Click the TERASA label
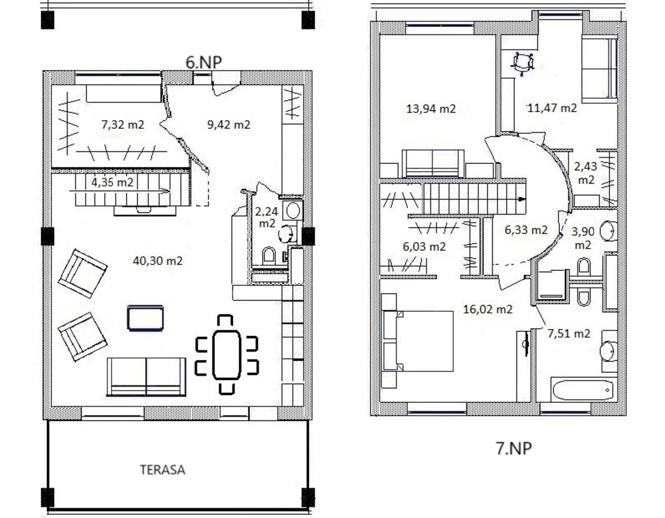[162, 470]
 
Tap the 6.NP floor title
[203, 62]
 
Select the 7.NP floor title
[514, 448]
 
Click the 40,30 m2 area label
[158, 260]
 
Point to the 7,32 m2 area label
[123, 124]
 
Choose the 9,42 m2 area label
[229, 124]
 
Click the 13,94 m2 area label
[431, 109]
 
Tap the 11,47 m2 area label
[552, 108]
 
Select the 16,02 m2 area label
[488, 309]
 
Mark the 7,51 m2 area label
[569, 333]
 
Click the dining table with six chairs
[227, 354]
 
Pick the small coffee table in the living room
[145, 318]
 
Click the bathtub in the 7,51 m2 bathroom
[583, 390]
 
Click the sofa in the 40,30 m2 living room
[146, 376]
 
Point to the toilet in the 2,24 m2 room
[268, 256]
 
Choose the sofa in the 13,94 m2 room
[433, 163]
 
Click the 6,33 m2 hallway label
[526, 230]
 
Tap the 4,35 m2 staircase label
[112, 183]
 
